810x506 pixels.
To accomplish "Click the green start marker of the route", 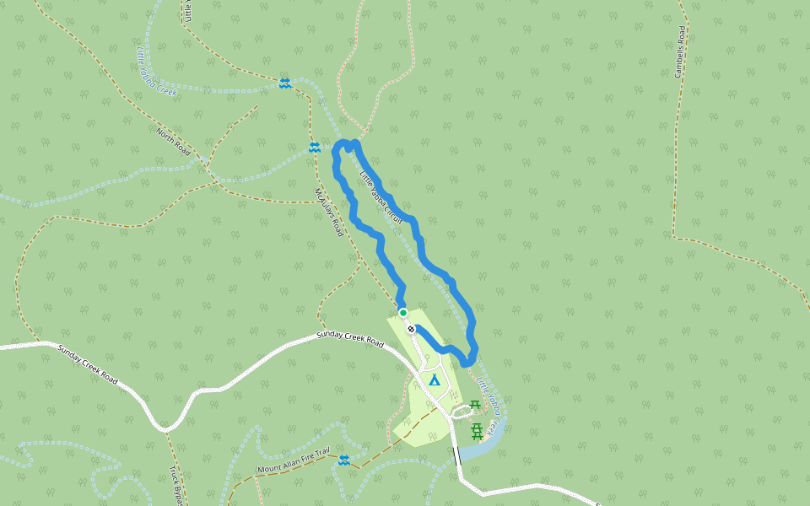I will point(403,313).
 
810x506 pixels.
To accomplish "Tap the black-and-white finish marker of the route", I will point(411,329).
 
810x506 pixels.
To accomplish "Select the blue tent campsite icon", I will point(435,380).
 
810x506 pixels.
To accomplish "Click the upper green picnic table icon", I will point(475,406).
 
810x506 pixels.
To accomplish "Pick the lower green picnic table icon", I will point(478,432).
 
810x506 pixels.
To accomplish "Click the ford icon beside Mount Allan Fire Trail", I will point(343,460).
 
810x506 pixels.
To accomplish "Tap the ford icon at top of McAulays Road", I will point(314,148).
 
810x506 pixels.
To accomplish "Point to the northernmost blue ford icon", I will point(285,83).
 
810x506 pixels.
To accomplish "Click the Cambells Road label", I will point(680,51).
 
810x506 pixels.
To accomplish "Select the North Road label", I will point(173,142).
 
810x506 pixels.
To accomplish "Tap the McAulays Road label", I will point(328,211).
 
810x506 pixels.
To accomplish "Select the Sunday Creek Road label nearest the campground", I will point(349,339).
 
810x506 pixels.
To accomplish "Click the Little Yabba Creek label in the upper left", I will point(156,71).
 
